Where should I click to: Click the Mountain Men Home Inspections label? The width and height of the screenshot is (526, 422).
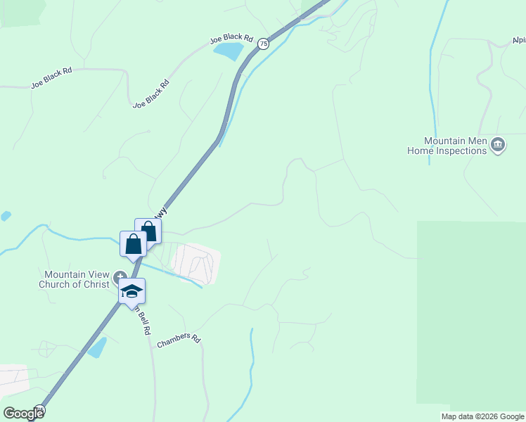[x=447, y=146]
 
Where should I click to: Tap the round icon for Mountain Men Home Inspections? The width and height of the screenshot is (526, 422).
[x=498, y=145]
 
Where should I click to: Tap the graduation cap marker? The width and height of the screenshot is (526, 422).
[x=131, y=291]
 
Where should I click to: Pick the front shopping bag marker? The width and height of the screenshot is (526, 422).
[x=133, y=244]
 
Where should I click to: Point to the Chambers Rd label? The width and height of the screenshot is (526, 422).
[x=179, y=338]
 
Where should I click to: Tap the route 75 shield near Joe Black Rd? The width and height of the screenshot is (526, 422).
[x=263, y=44]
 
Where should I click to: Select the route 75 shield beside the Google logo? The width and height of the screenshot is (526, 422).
[x=39, y=409]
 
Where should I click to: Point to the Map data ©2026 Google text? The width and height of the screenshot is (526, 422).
[x=482, y=416]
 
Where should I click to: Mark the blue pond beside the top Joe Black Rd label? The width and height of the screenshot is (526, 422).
[x=227, y=51]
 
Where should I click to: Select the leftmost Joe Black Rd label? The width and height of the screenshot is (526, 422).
[x=51, y=79]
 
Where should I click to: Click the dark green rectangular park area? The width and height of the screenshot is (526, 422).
[x=471, y=309]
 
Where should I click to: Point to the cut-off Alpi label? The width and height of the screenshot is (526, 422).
[x=518, y=40]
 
